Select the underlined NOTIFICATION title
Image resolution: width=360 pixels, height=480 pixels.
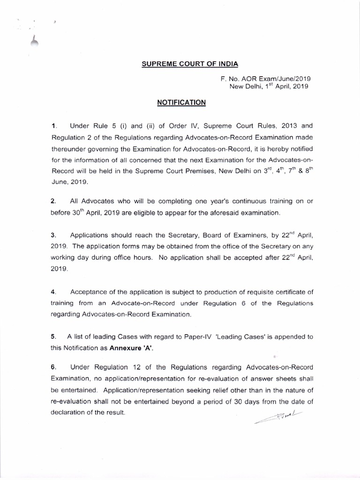coord(180,101)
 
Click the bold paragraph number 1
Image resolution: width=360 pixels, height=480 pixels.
coord(54,126)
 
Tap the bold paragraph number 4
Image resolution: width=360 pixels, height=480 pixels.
coord(53,292)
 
